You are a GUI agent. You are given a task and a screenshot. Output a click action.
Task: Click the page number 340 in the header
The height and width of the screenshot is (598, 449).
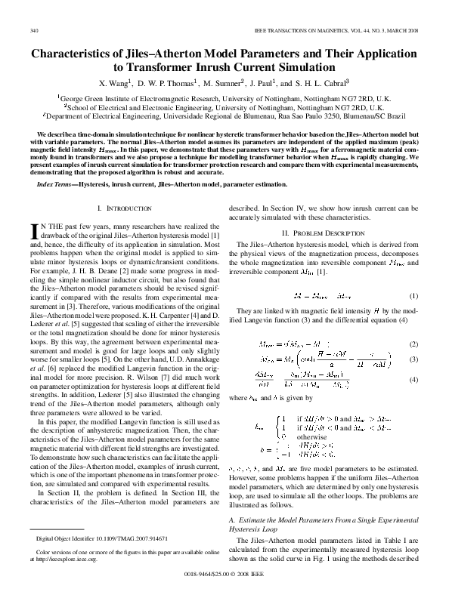coord(34,30)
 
